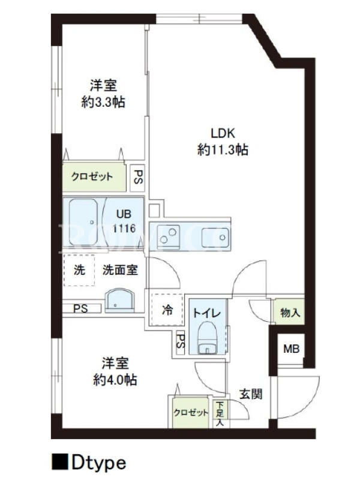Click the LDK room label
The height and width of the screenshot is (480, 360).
223,133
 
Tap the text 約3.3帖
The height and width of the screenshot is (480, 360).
103,102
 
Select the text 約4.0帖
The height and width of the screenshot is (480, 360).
115,380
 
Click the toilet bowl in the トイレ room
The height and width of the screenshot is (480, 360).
207,338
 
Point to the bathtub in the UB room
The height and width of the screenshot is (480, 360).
83,222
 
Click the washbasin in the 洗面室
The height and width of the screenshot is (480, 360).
119,300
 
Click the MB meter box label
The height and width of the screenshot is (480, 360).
291,349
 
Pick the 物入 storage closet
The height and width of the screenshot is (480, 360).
289,312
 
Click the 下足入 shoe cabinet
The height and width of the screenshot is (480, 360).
220,413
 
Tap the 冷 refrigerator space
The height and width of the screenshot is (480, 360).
167,310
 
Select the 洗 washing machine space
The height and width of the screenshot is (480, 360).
79,270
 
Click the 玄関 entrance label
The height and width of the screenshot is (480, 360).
251,394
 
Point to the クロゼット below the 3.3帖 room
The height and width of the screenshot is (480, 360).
94,176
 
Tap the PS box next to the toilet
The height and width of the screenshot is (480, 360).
181,342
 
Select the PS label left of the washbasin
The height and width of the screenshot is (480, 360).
80,308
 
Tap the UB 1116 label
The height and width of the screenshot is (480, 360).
124,221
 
